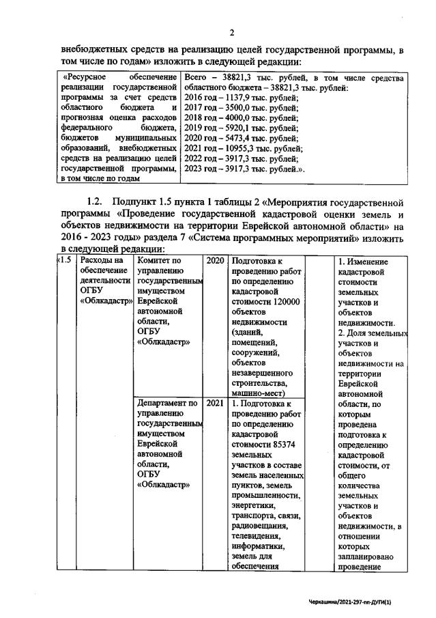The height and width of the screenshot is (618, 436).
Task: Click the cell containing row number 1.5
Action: [x=65, y=260]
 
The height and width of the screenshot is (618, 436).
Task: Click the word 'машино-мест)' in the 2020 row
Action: [x=259, y=393]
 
